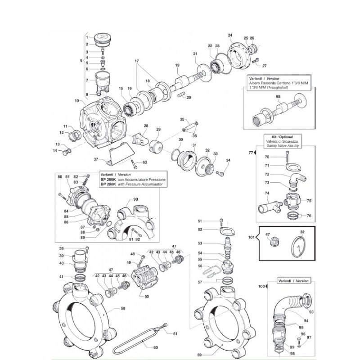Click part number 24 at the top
point(230,35)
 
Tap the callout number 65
point(278,96)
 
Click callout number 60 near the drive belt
point(156,347)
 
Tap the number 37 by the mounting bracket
point(96,159)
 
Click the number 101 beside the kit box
point(252,237)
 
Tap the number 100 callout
point(261,286)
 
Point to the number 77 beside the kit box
point(251,153)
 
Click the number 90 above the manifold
point(135,199)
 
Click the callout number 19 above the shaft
point(177,65)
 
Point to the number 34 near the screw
point(228,161)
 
